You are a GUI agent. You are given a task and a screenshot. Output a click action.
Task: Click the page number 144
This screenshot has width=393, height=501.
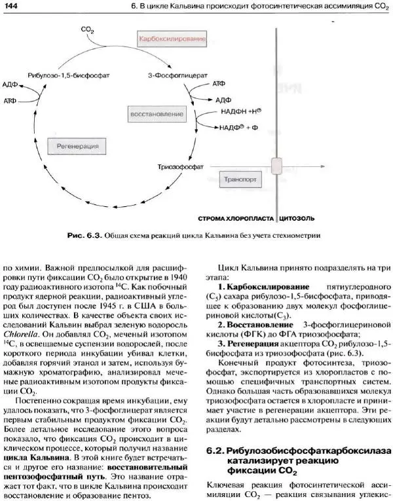coord(11,6)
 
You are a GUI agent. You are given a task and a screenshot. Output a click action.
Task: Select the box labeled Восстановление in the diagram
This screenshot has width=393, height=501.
coord(168,114)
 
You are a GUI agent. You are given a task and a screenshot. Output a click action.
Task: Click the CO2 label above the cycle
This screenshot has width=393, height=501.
coord(87,29)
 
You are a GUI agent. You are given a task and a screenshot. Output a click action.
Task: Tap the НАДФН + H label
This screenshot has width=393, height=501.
coord(259,113)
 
